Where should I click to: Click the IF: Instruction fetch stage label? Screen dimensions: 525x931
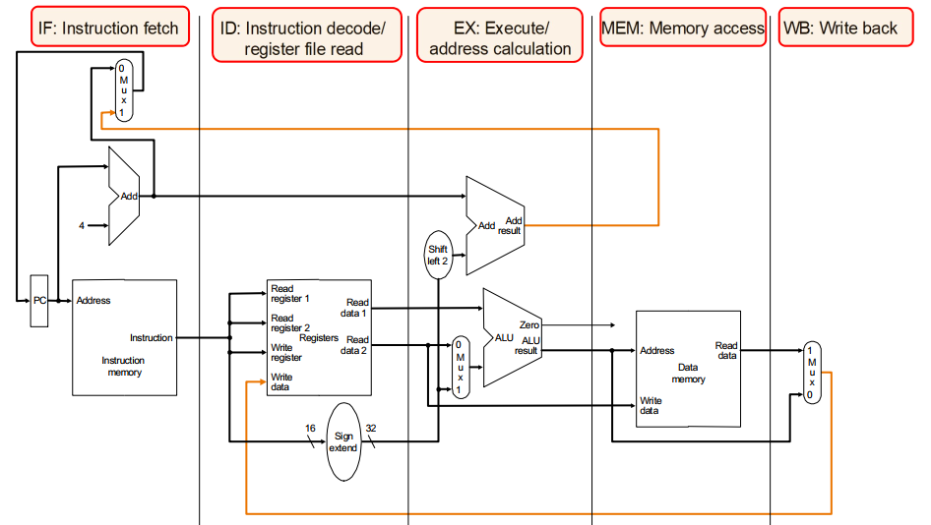(108, 29)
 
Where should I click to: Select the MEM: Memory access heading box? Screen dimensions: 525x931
(683, 29)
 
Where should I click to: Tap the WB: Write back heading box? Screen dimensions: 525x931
(839, 29)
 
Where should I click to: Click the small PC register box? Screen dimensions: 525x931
(39, 300)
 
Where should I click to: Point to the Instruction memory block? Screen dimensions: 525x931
(124, 337)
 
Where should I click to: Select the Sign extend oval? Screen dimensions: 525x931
(343, 441)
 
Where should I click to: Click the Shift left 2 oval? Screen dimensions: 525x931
(437, 255)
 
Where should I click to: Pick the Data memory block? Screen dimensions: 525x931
(688, 369)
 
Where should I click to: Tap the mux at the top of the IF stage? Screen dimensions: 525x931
(123, 90)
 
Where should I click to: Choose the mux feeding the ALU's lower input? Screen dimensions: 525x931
(460, 367)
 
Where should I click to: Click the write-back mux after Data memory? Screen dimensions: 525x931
(812, 373)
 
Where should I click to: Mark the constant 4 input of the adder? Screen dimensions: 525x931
(82, 226)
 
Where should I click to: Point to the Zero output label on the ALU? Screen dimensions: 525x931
(528, 324)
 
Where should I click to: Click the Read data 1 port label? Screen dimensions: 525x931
(357, 308)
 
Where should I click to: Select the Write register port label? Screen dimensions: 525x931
(285, 353)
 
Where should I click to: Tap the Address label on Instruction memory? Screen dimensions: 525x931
(93, 301)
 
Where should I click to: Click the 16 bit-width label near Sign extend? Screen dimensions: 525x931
(309, 429)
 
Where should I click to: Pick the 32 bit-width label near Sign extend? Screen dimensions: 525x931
(371, 429)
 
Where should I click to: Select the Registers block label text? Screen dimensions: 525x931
(319, 337)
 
